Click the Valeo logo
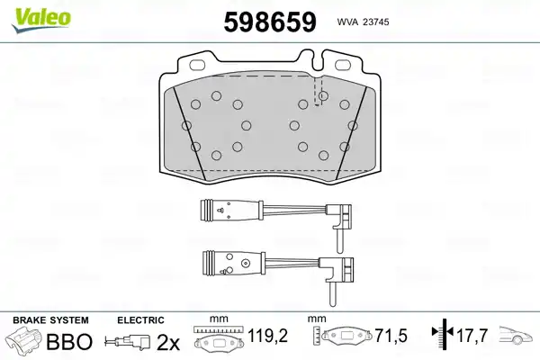click(40, 20)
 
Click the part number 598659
click(270, 22)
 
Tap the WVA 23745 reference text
click(363, 22)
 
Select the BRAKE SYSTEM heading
click(50, 320)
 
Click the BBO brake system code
click(69, 341)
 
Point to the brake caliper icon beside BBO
click(26, 339)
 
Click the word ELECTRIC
click(140, 320)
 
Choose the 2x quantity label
click(168, 342)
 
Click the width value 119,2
click(268, 336)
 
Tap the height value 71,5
click(391, 336)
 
